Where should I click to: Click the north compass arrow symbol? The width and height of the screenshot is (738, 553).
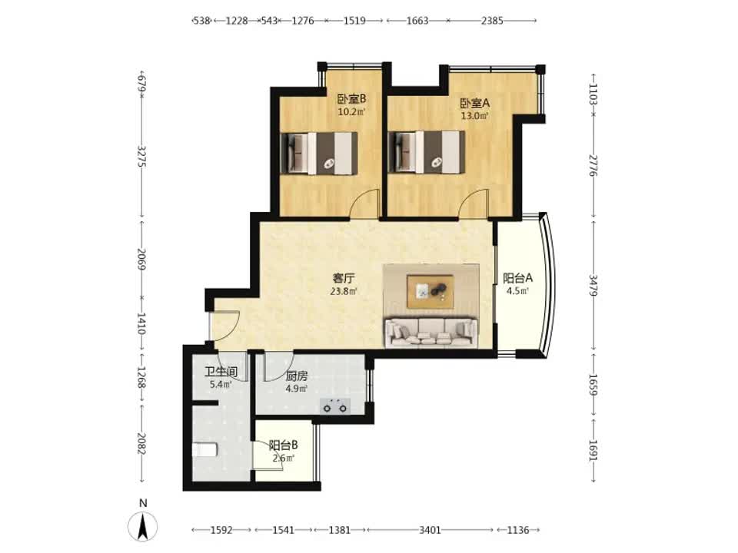(x=143, y=526)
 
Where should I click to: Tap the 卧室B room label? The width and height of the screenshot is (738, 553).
(x=351, y=99)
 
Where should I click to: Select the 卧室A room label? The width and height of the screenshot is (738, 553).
(x=475, y=102)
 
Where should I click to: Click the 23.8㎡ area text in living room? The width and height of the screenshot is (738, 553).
(x=343, y=291)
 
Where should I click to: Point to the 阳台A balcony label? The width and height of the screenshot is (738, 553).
(x=517, y=278)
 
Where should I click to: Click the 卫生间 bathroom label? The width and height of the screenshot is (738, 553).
(x=221, y=372)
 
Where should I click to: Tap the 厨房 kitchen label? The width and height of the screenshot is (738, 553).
(x=297, y=376)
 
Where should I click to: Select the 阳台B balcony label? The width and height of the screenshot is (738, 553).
(x=283, y=445)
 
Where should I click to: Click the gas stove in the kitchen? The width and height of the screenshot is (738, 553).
(x=335, y=406)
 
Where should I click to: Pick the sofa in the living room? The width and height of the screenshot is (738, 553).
(x=431, y=333)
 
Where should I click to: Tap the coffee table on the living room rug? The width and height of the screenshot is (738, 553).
(x=430, y=292)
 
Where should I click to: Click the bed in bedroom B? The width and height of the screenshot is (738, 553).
(x=318, y=154)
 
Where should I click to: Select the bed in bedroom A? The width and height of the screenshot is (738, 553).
(x=427, y=152)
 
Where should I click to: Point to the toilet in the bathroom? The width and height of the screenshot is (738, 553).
(x=204, y=449)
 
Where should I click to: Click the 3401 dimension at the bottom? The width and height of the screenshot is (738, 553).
(x=430, y=530)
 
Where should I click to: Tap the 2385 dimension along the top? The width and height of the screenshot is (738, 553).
(x=492, y=20)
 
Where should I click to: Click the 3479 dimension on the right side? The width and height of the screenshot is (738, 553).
(x=593, y=286)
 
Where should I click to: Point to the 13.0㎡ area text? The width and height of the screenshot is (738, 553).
(x=475, y=116)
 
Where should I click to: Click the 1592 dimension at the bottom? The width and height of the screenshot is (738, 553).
(x=221, y=530)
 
